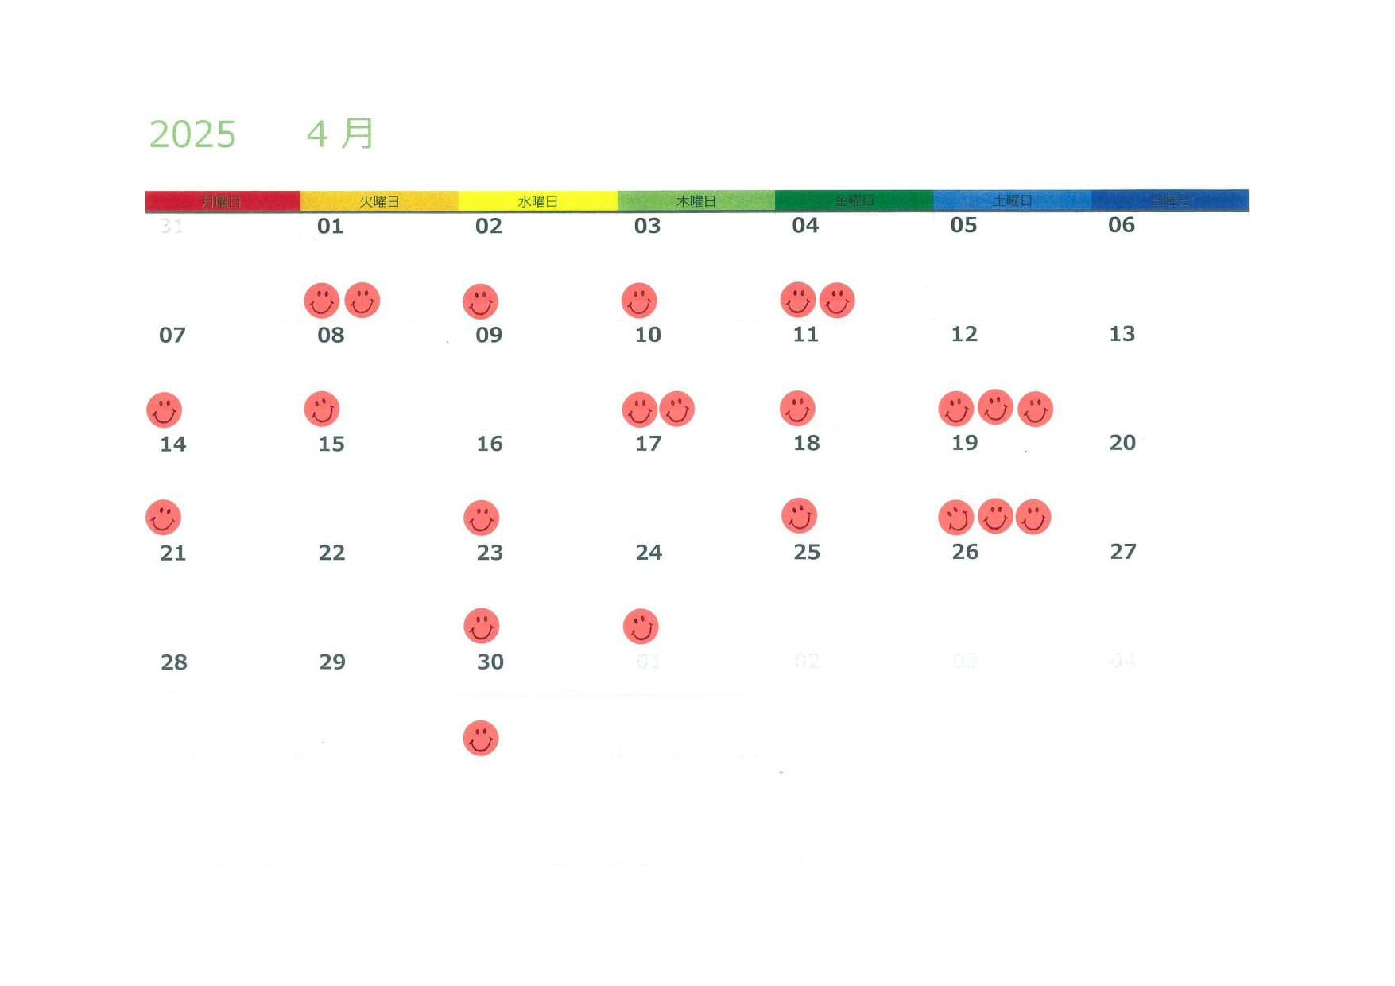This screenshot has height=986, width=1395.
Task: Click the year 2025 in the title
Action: coord(192,134)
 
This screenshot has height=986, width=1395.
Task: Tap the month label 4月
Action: coord(340,134)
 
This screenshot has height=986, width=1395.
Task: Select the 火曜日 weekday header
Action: coord(379,201)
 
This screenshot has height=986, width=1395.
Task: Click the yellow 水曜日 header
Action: coord(537,201)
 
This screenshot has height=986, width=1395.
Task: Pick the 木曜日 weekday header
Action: coord(696,201)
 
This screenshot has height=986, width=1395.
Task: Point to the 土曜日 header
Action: coord(1011,200)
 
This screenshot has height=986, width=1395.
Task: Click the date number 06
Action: coord(1121,225)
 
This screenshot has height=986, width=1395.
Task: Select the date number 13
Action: coord(1122,334)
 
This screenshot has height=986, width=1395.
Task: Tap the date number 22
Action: coord(331,553)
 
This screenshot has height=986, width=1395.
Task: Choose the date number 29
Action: coord(332,662)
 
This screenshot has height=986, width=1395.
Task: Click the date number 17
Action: coord(648,443)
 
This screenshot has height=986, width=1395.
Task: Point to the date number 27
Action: coord(1122,552)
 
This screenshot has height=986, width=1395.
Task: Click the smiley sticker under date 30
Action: coord(480,738)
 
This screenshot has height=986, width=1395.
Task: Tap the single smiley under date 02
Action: coord(480,302)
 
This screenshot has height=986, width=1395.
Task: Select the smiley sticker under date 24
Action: coord(640,627)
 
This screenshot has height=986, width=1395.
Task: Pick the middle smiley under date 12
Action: coord(994,407)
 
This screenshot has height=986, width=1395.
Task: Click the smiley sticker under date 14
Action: coord(163,518)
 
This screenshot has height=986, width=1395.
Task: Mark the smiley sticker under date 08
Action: coord(322,409)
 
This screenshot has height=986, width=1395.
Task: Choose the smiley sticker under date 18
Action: coord(799,515)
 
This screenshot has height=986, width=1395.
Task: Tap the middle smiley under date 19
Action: coord(994,516)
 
